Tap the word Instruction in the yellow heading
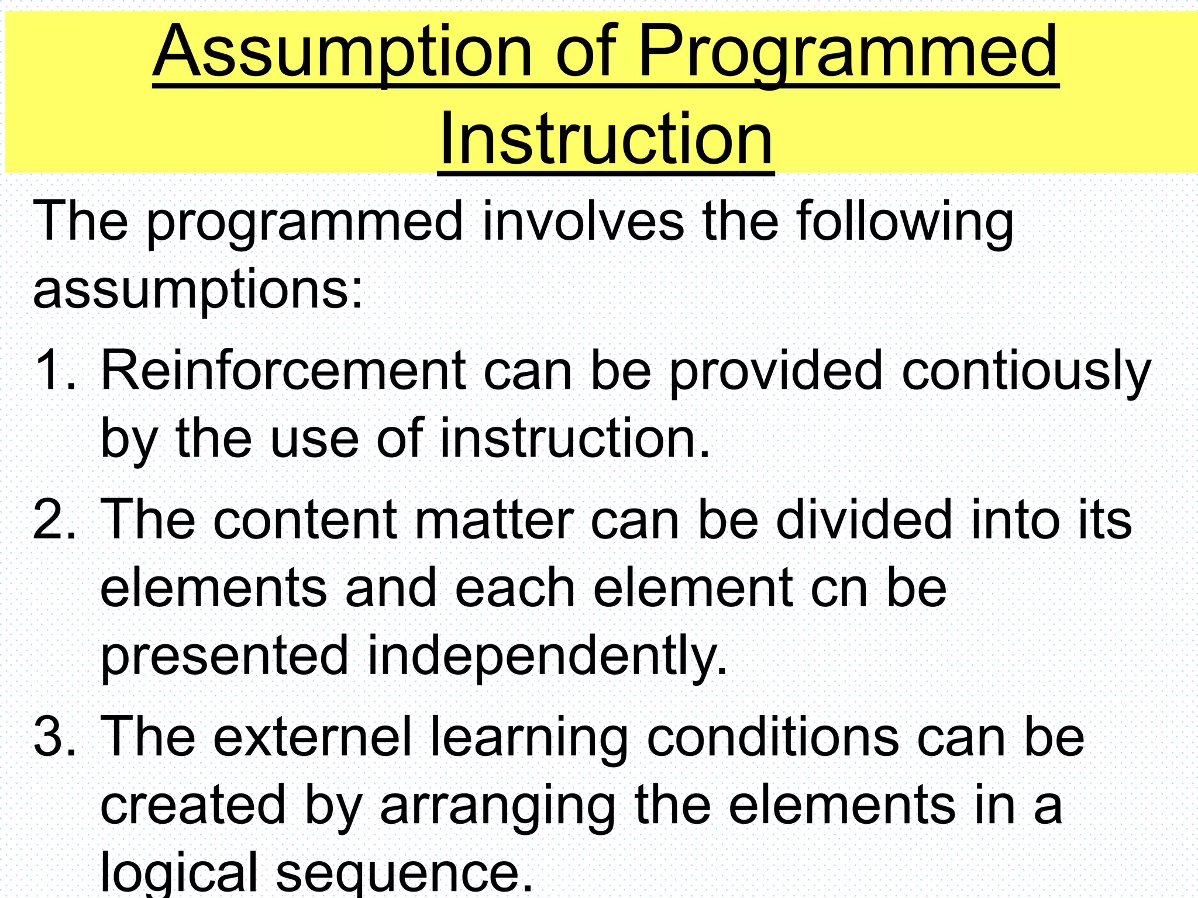pos(606,140)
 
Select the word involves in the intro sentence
pos(583,222)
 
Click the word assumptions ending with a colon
pos(198,291)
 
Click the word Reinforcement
pos(283,370)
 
